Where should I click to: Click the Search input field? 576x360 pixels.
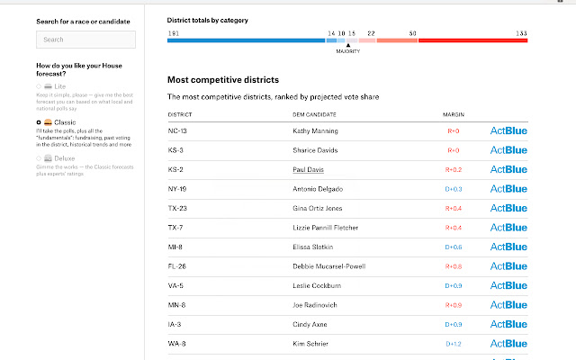pos(85,40)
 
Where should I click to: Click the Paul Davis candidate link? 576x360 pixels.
pos(308,169)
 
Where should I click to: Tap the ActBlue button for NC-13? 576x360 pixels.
pos(508,130)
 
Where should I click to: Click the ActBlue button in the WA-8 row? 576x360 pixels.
pos(508,344)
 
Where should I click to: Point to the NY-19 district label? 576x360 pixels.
pos(178,188)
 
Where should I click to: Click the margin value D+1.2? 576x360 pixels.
pos(453,344)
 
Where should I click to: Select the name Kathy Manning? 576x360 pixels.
pos(315,130)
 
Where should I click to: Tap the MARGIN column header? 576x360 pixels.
pos(454,114)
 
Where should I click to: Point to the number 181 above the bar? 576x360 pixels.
pos(173,32)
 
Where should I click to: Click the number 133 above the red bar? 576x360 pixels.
pos(521,32)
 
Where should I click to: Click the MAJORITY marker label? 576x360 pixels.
pos(348,51)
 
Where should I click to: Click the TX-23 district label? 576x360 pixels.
pos(178,208)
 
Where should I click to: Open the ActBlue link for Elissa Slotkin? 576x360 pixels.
pos(508,247)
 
